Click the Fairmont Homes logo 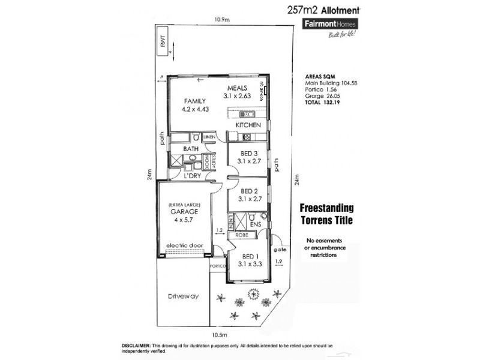[x=329, y=24]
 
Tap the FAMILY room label [x=195, y=101]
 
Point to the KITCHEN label [x=247, y=125]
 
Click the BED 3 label [x=247, y=153]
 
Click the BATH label [x=191, y=148]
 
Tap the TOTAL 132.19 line [x=326, y=103]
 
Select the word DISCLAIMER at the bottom [x=138, y=347]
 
